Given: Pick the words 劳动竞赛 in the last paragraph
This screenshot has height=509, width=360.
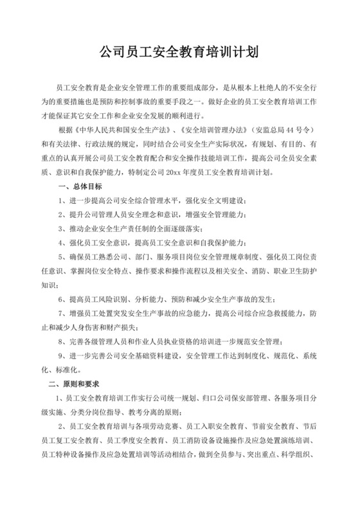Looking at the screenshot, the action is (159, 428).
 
